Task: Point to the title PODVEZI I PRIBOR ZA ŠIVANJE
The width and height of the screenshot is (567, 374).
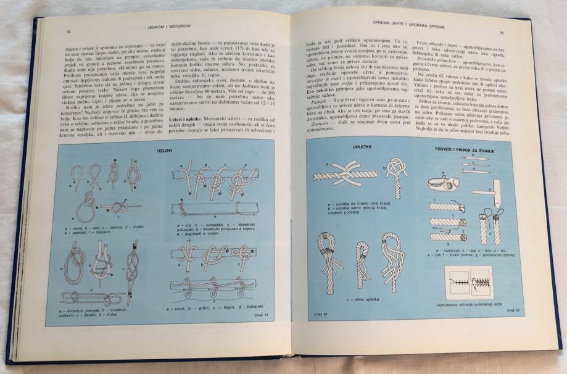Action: [462, 150]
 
